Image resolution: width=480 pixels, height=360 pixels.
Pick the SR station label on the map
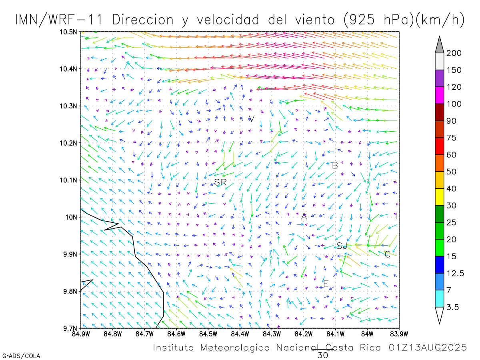point(220,182)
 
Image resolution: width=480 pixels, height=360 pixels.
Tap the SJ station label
point(341,246)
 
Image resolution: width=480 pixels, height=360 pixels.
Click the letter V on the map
point(252,119)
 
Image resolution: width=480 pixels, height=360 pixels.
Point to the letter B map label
point(335,165)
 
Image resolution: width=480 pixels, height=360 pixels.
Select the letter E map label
point(326,284)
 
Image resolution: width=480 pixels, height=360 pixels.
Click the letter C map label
point(387,254)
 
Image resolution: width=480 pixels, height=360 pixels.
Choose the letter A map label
point(304,216)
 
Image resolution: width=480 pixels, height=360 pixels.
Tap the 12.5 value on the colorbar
point(455,273)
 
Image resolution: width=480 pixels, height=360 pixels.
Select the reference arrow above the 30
point(322,349)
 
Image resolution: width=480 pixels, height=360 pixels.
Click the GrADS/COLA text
point(21,356)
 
